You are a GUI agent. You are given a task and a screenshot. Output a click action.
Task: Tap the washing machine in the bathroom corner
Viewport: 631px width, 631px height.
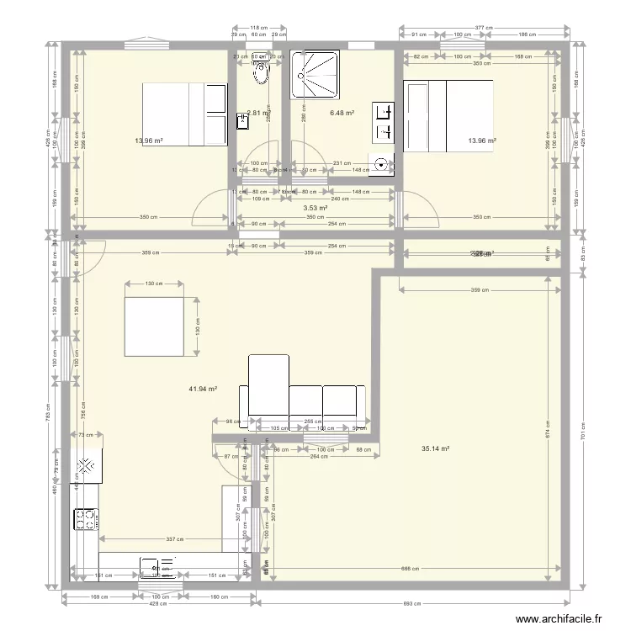(x=383, y=166)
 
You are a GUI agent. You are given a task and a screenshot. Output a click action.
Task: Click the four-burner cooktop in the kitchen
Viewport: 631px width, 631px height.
(x=86, y=520)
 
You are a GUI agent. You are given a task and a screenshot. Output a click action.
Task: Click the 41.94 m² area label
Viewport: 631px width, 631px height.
(x=203, y=389)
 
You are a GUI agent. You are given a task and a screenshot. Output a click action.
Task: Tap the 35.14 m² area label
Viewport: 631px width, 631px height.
(x=435, y=448)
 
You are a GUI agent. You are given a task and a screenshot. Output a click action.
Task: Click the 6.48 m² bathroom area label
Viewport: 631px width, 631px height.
(x=342, y=113)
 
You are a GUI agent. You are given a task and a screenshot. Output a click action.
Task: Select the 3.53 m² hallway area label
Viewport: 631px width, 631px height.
(x=315, y=208)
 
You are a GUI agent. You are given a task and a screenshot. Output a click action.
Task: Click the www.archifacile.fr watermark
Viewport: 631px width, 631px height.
(x=559, y=618)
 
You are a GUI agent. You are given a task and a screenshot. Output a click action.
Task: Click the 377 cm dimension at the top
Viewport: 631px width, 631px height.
(x=484, y=28)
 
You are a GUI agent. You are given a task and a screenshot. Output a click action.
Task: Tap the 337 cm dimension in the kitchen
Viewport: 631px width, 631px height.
(x=174, y=538)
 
